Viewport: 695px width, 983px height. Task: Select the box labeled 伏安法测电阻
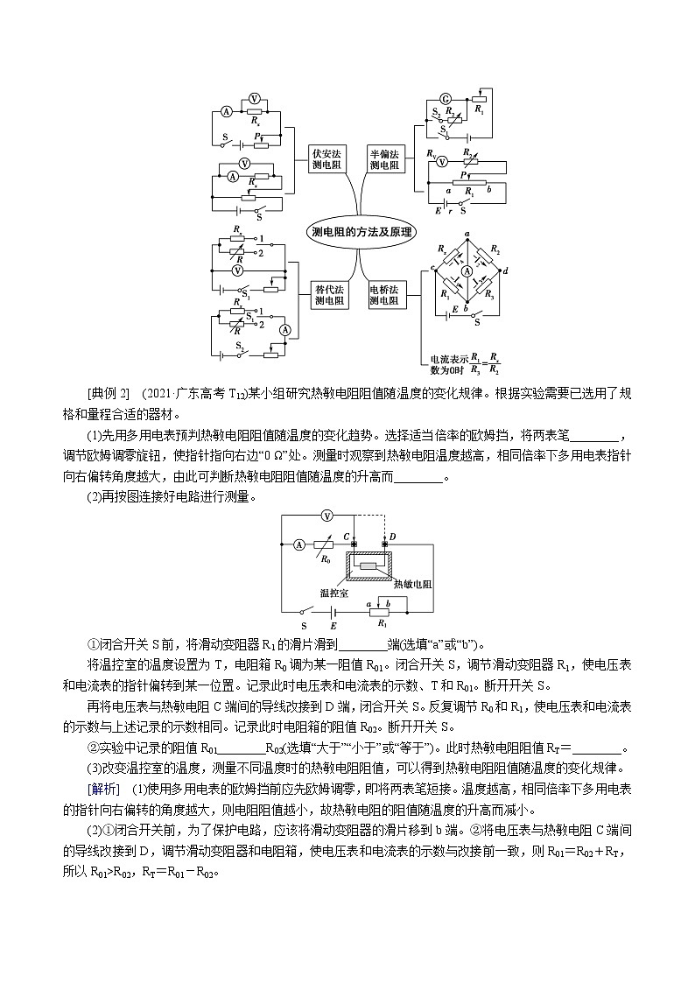[x=328, y=158]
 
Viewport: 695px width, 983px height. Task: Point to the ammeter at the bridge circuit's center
[x=467, y=272]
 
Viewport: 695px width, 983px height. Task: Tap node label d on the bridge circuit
[x=506, y=270]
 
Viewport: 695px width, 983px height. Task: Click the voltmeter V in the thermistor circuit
[x=325, y=515]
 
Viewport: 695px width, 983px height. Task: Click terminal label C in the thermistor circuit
[x=347, y=535]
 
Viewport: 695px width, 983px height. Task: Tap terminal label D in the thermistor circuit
[x=392, y=535]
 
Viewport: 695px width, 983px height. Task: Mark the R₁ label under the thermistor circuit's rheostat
[x=381, y=626]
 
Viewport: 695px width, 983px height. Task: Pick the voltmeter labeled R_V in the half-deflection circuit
[x=442, y=161]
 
